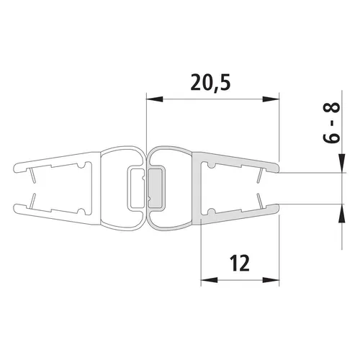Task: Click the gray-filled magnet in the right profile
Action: [156, 189]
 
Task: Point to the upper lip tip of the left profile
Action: [16, 169]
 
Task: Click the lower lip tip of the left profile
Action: [16, 209]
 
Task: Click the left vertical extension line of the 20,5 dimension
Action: [146, 122]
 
